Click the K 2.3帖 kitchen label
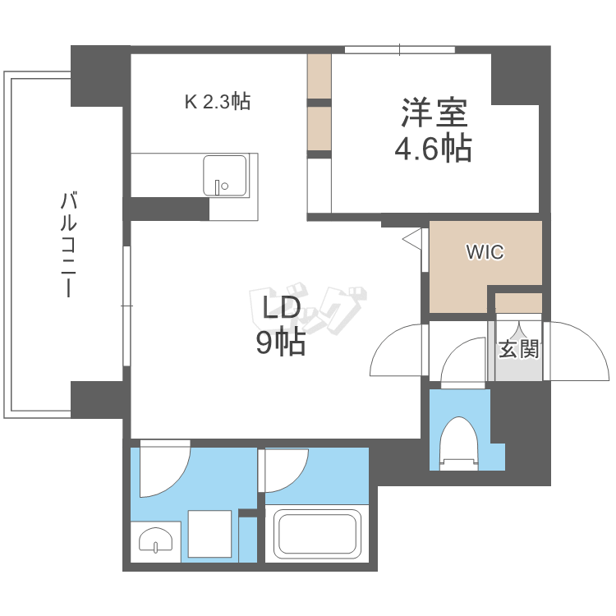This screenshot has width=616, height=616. [218, 102]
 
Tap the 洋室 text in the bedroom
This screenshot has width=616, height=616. [434, 113]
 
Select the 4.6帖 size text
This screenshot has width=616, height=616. [433, 149]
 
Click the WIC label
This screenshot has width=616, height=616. [485, 252]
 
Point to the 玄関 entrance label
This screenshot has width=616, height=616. [518, 348]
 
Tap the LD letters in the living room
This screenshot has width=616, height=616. [281, 308]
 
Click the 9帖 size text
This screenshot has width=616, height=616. [281, 342]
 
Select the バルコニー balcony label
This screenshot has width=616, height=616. [68, 244]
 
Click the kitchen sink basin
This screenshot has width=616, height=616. [225, 175]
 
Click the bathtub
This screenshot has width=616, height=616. [317, 534]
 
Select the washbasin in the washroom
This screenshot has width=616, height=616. [155, 540]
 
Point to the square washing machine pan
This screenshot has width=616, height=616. [209, 534]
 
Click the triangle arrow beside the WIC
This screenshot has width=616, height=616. [412, 238]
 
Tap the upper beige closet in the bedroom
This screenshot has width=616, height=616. [319, 76]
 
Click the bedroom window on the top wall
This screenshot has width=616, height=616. [400, 50]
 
